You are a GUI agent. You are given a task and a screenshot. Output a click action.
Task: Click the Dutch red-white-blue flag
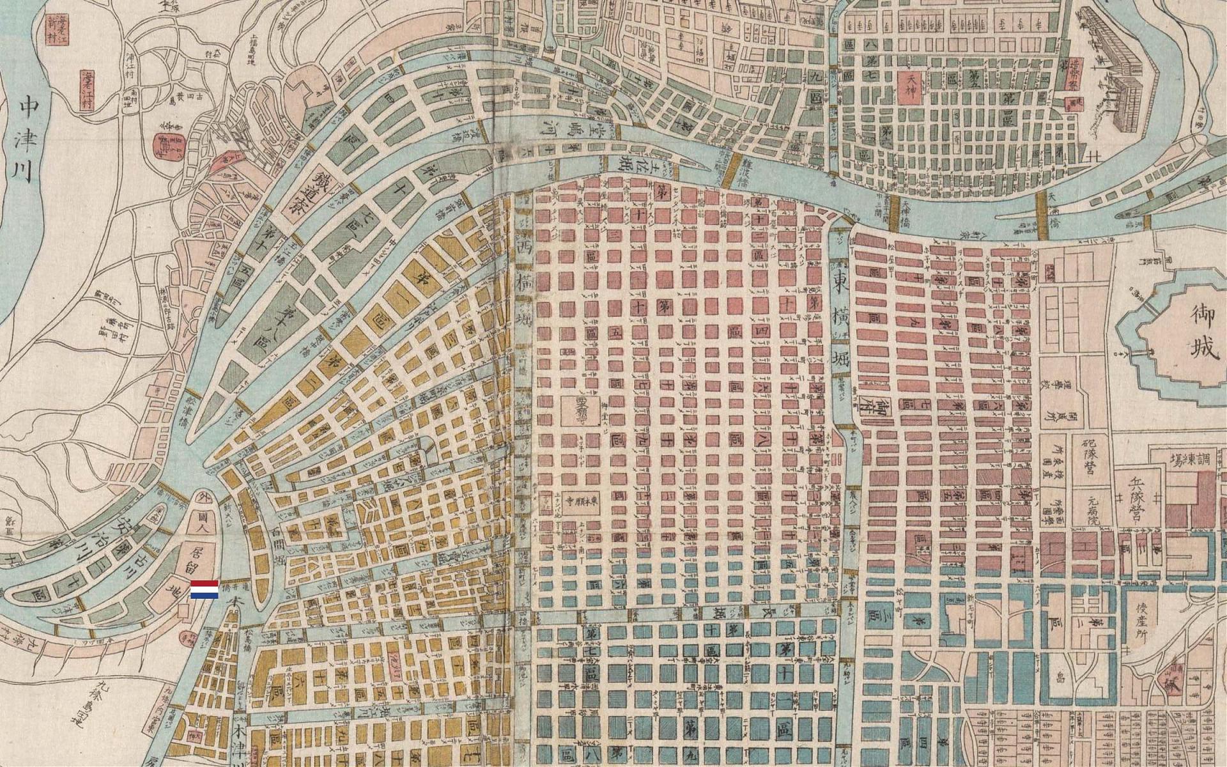204,589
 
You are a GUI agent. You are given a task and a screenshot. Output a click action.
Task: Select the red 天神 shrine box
910,88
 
